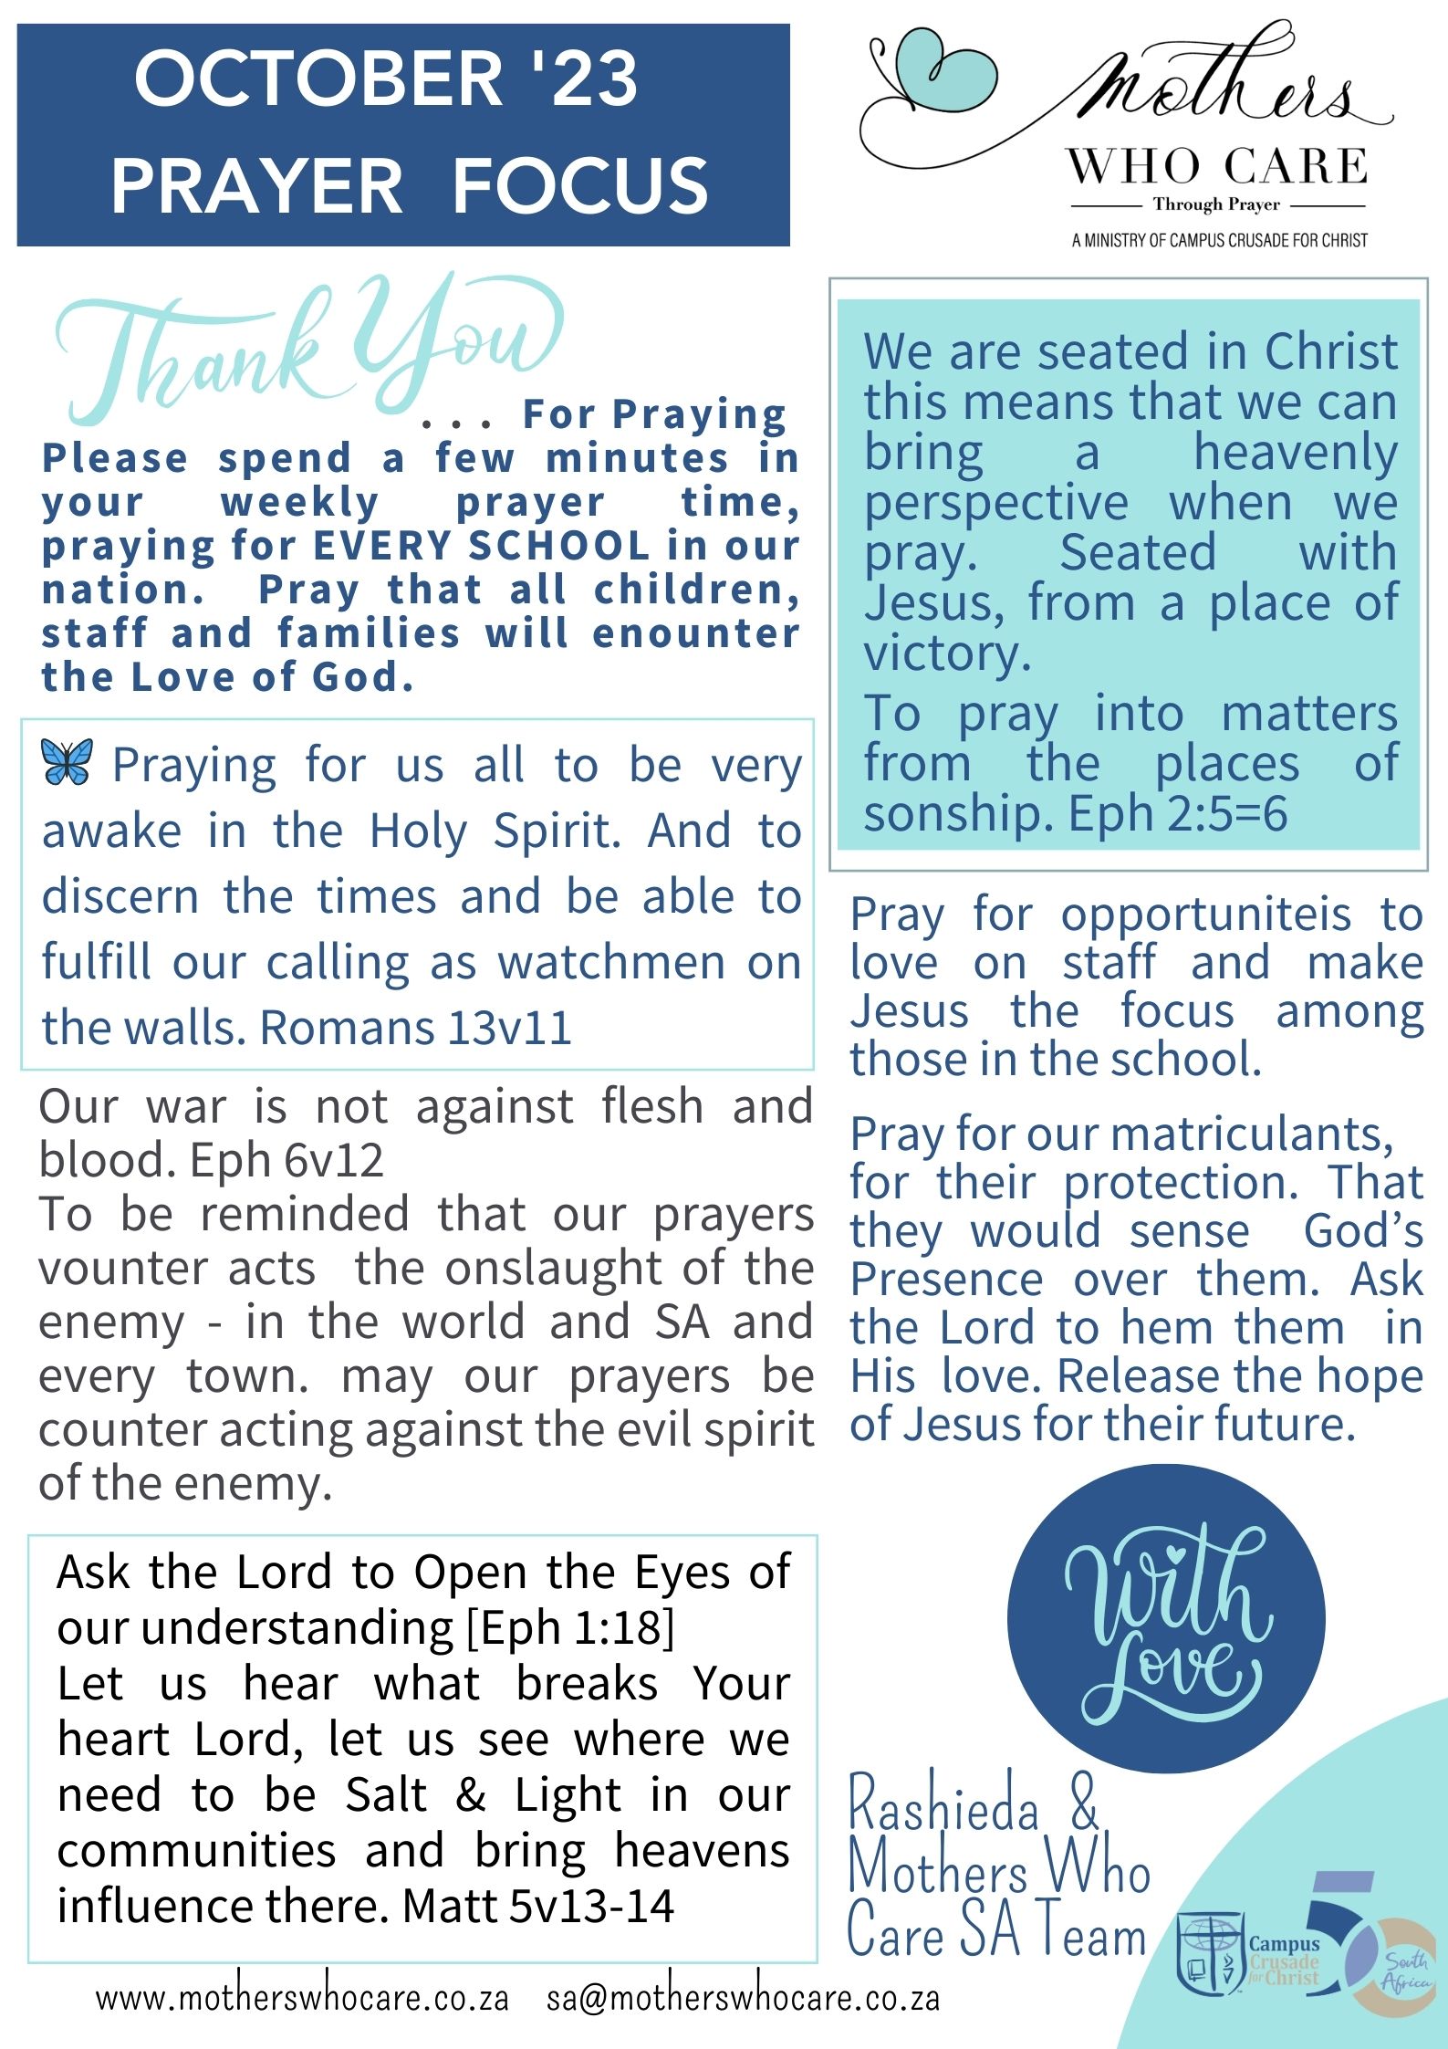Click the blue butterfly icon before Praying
click(67, 761)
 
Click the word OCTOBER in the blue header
click(318, 79)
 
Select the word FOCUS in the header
click(580, 186)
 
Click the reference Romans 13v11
click(415, 1029)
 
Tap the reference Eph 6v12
click(286, 1160)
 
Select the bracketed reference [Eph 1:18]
click(570, 1627)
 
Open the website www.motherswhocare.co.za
click(302, 1998)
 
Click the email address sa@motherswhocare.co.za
click(743, 1998)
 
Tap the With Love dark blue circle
click(1165, 1618)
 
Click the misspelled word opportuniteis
click(1204, 915)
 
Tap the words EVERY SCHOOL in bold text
click(481, 546)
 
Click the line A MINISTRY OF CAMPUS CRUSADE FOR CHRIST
click(1220, 241)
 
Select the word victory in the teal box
click(946, 653)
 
